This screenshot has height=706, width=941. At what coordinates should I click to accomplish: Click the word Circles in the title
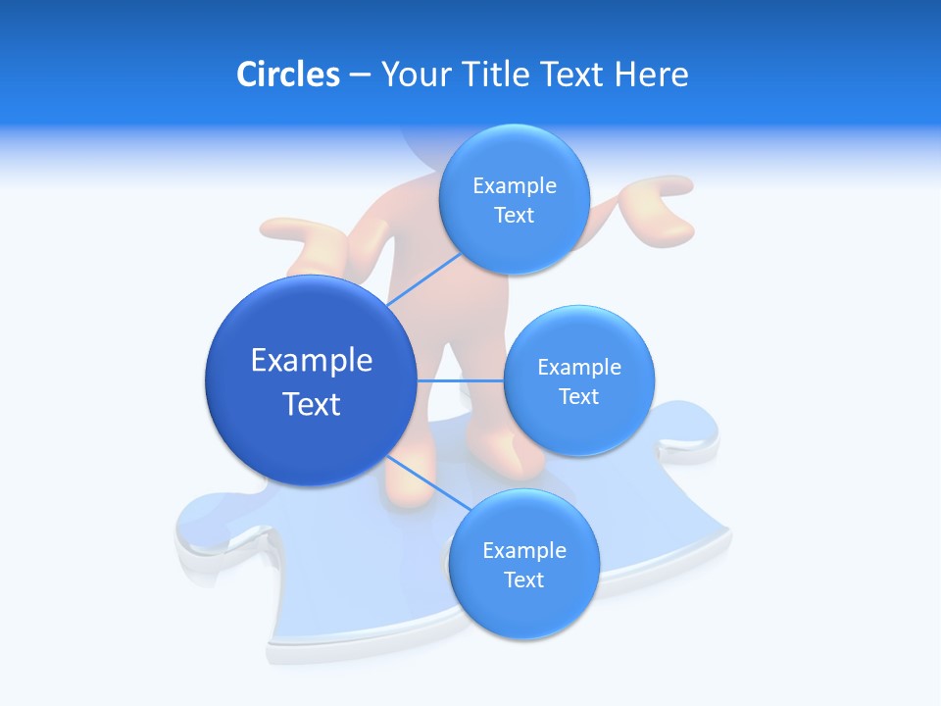point(287,75)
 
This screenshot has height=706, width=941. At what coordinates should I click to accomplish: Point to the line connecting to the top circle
point(423,278)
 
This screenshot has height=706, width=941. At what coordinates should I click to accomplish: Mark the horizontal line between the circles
point(460,380)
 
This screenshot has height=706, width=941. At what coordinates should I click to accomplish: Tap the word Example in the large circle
point(312,360)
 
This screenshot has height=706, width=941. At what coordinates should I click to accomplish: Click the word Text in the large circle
point(312,404)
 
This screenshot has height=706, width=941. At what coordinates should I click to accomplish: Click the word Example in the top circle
point(514,185)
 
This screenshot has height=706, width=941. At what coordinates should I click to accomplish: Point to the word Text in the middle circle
point(579,396)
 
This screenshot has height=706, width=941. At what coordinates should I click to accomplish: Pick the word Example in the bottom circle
point(523,550)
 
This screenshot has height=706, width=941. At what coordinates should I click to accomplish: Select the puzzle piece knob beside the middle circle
point(691,431)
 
